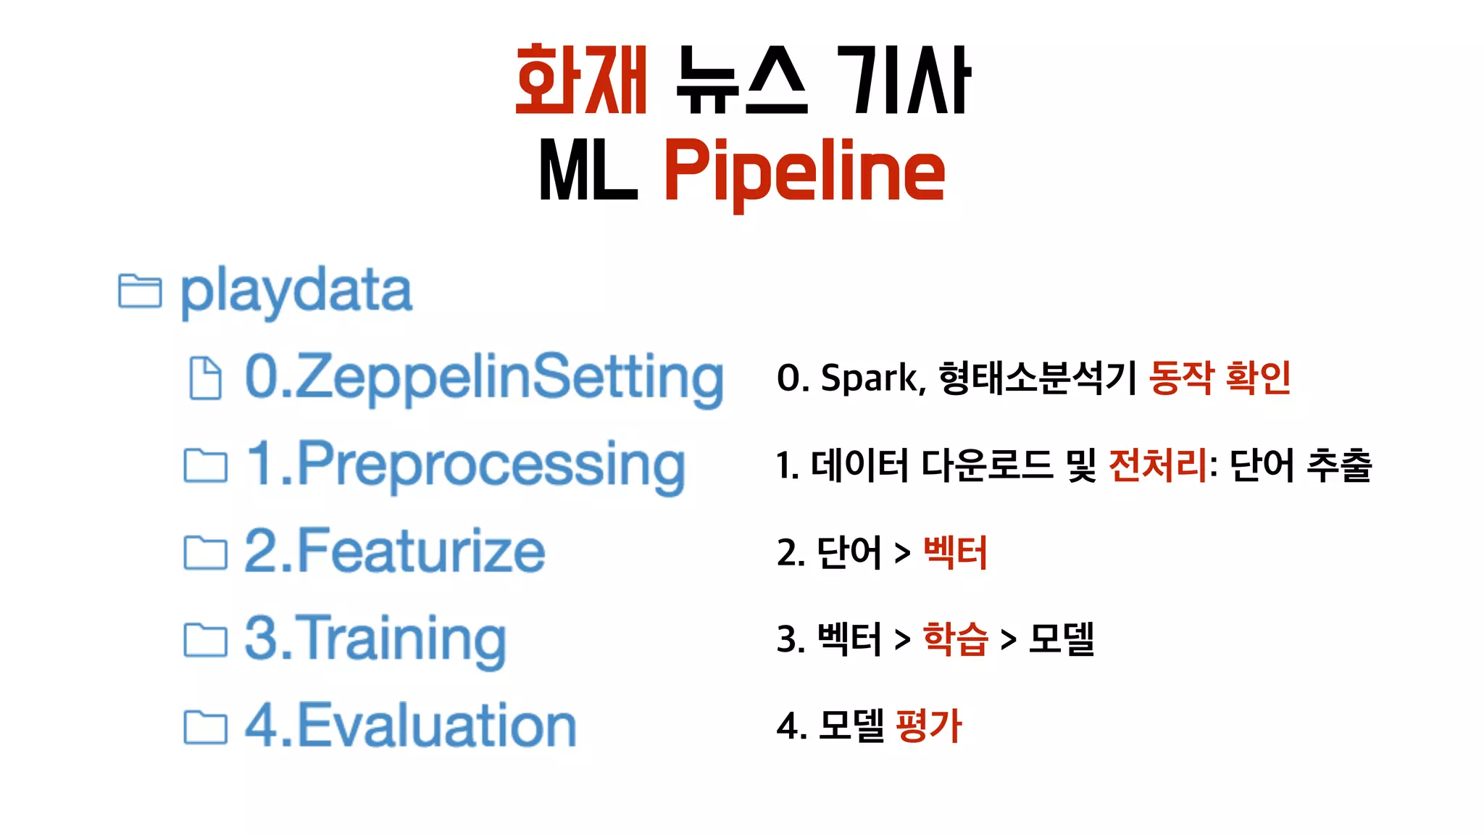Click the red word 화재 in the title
[580, 80]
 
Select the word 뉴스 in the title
[741, 80]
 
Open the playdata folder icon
[139, 291]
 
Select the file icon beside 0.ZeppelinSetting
[205, 378]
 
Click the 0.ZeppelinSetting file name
[484, 378]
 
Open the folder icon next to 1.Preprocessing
[205, 465]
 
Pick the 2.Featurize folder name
[395, 552]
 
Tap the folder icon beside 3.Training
[205, 639]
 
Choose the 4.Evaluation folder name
[411, 726]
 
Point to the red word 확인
[1258, 378]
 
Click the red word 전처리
[1158, 465]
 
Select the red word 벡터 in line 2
[955, 552]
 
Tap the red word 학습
[955, 639]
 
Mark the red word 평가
[929, 726]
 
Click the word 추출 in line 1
[1339, 465]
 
